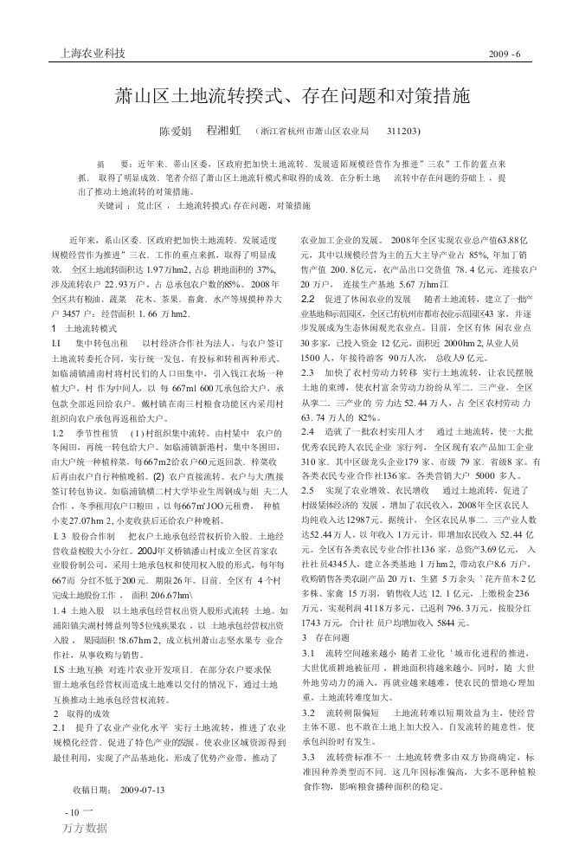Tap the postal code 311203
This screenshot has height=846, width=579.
click(403, 132)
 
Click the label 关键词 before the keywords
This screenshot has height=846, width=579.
click(111, 206)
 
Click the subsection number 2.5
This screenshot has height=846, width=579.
click(307, 466)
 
